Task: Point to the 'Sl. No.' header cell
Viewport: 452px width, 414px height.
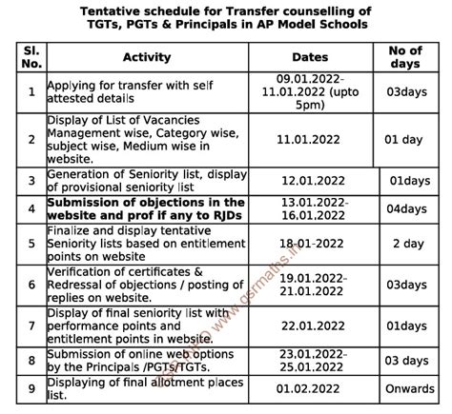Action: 32,57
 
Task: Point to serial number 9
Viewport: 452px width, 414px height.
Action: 32,387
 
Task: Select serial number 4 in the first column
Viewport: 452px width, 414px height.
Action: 32,209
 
